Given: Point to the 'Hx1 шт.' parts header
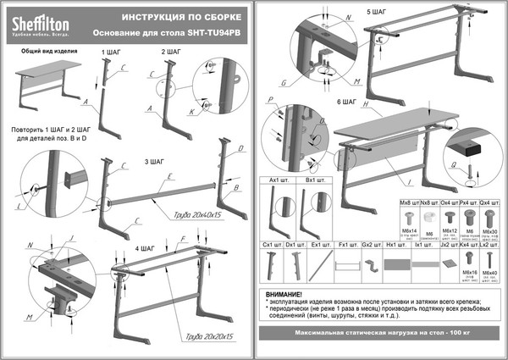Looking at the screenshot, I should tap(391, 245).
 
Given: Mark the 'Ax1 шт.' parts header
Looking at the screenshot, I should tap(279, 180).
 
